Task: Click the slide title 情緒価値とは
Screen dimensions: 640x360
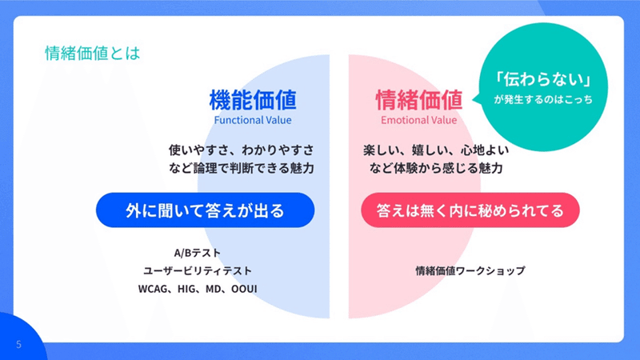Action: tap(92, 54)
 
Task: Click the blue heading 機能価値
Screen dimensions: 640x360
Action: tap(253, 100)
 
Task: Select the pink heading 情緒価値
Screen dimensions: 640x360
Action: tap(418, 100)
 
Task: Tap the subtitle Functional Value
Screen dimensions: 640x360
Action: tap(253, 120)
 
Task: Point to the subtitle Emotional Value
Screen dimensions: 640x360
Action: tap(418, 120)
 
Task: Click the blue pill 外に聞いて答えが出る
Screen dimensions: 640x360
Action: tap(206, 210)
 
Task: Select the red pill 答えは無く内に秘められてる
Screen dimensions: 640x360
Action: tap(470, 210)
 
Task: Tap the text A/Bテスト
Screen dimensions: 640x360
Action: tap(198, 253)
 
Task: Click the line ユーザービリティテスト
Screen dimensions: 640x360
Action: tap(198, 271)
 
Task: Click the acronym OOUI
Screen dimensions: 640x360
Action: tap(244, 289)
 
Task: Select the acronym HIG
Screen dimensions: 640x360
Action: tap(187, 289)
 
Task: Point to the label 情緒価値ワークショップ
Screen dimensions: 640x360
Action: tap(470, 271)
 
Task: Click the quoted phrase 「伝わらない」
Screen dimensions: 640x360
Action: tap(543, 79)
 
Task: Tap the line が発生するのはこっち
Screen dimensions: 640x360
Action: tap(543, 99)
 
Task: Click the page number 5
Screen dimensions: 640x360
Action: tap(18, 345)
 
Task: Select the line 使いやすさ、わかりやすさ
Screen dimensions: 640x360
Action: tap(242, 150)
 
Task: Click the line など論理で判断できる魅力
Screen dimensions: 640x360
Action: tap(242, 168)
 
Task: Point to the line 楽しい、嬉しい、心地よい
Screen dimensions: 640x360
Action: tap(436, 150)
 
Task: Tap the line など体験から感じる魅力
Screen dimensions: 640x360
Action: tap(436, 168)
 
